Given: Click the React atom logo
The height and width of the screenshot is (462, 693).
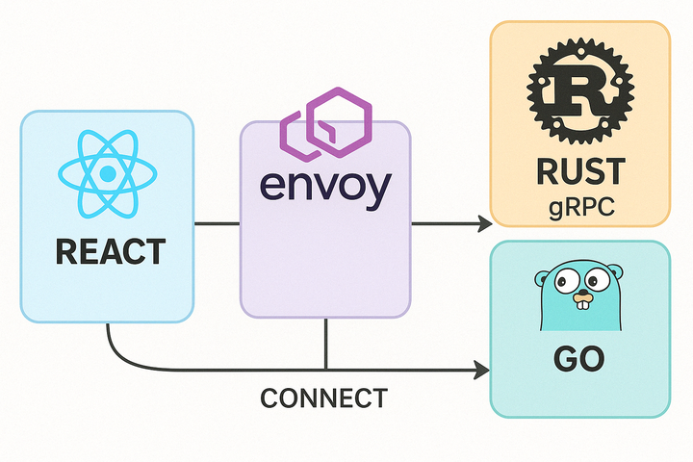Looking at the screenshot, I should [x=107, y=174].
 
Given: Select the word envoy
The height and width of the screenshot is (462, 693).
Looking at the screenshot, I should [x=325, y=185].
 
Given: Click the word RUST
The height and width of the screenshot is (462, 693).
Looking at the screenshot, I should [x=578, y=173].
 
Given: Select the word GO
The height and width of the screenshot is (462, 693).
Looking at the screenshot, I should [x=579, y=359].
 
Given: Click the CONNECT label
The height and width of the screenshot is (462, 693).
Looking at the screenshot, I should [x=324, y=398].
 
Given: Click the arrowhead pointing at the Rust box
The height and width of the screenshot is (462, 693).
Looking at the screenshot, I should [x=483, y=224].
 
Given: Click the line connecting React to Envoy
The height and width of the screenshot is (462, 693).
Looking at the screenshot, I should [x=217, y=224].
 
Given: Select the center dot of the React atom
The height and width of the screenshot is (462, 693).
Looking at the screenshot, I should [x=107, y=174].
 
